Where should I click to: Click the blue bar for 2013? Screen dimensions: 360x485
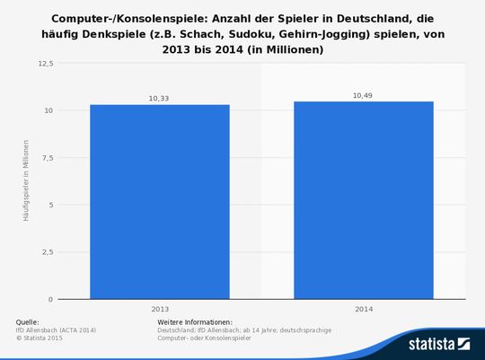click(x=160, y=202)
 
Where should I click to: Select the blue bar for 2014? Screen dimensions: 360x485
click(x=364, y=200)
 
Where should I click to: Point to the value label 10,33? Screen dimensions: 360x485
click(x=160, y=98)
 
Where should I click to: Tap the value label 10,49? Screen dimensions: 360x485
click(x=364, y=95)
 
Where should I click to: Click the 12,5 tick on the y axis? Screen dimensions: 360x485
click(x=45, y=64)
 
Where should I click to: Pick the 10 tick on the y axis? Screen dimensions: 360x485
click(x=48, y=110)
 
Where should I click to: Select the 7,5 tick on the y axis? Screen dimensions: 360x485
click(x=47, y=158)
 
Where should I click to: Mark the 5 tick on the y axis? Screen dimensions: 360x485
click(x=50, y=205)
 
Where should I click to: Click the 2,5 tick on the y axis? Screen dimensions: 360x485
click(x=47, y=252)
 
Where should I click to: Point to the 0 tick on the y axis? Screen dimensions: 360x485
click(x=50, y=299)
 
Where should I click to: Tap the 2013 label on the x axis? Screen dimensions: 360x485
click(x=160, y=309)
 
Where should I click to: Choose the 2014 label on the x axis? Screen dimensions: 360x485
click(x=364, y=309)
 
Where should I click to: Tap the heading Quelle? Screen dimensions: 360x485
click(x=28, y=321)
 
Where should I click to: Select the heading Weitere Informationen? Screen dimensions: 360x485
click(x=195, y=321)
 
